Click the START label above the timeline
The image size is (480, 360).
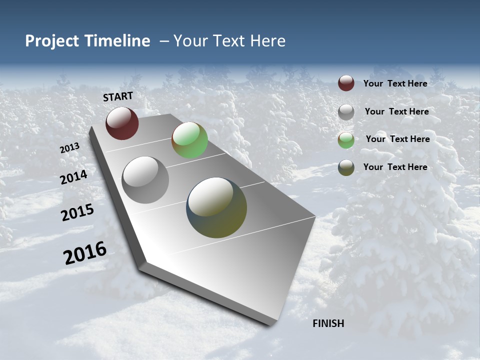(x=118, y=96)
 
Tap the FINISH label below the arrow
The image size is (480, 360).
(x=328, y=323)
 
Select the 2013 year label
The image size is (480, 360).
(x=69, y=148)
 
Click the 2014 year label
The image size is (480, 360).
(x=74, y=177)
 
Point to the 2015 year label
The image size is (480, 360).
(x=77, y=212)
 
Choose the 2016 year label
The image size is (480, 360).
(x=85, y=253)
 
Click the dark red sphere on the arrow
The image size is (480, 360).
(x=122, y=123)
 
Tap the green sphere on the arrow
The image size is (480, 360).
(x=189, y=140)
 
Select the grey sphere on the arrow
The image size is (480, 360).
(x=145, y=180)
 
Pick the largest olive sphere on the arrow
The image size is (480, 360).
(x=216, y=207)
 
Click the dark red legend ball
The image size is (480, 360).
(x=346, y=83)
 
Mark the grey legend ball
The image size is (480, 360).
(x=346, y=111)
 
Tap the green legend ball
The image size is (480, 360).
(x=346, y=139)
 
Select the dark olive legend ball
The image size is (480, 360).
(x=346, y=167)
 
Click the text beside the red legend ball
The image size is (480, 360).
(x=395, y=83)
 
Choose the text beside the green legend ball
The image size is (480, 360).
(x=397, y=139)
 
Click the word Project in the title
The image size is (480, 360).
(x=51, y=41)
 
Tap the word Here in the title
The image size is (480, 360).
(x=267, y=41)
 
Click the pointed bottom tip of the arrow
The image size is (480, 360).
(x=273, y=323)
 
